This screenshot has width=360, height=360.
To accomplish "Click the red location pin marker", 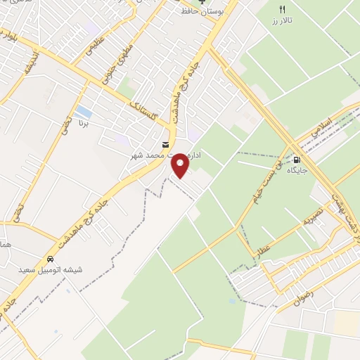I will pos(181,165).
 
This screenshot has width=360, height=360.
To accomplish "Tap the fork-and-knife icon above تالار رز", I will pos(283,10).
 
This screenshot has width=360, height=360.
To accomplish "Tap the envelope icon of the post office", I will pos(165,145).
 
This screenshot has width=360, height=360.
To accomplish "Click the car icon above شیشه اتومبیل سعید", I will pos(51,258).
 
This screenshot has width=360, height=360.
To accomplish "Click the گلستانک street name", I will pos(146,109).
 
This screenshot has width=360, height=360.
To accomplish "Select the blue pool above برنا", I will pos(83,112).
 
